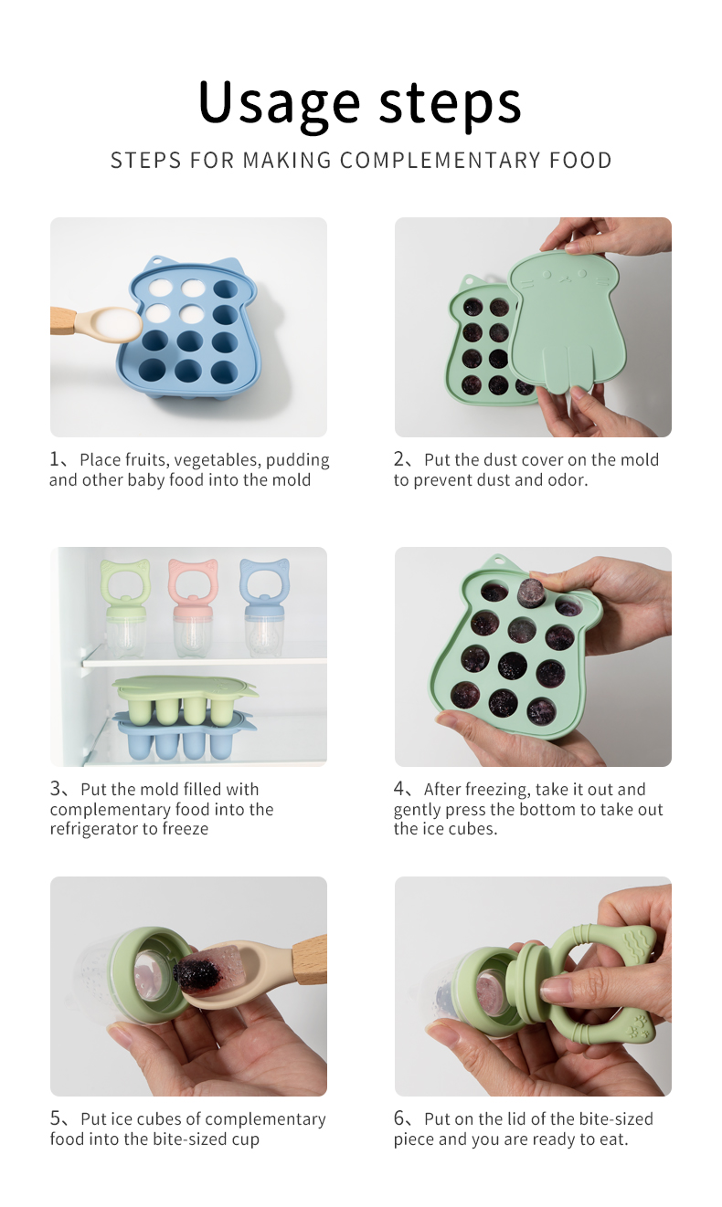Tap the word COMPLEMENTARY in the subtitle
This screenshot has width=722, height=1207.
[x=439, y=161]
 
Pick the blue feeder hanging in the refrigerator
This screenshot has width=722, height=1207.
[x=264, y=607]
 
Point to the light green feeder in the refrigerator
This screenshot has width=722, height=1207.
[x=124, y=607]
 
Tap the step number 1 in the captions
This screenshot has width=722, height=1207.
[x=55, y=459]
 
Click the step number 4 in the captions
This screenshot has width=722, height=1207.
[x=399, y=789]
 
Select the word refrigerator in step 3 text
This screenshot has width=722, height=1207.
[x=87, y=828]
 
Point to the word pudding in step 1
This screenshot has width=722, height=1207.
[x=298, y=460]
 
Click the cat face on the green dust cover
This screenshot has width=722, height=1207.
[x=562, y=278]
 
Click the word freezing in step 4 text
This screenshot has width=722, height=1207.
[x=496, y=790]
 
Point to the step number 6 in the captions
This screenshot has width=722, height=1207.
[x=399, y=1118]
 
